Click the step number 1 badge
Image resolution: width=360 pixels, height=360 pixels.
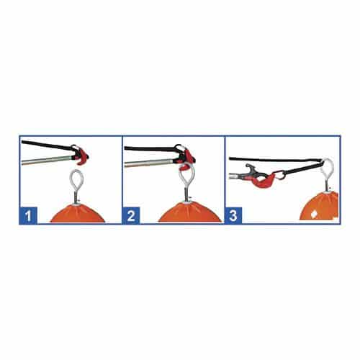click(x=28, y=215)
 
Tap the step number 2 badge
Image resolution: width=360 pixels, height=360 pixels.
click(x=131, y=215)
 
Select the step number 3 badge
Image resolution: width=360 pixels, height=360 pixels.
click(x=233, y=215)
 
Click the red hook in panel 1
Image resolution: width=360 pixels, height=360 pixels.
click(x=81, y=156)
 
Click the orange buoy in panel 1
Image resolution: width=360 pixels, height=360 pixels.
click(x=78, y=213)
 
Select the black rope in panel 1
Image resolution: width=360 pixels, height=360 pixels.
click(x=48, y=145)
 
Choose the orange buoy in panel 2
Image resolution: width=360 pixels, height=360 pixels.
click(x=189, y=212)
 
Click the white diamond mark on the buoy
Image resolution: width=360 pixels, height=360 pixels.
click(x=313, y=213)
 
